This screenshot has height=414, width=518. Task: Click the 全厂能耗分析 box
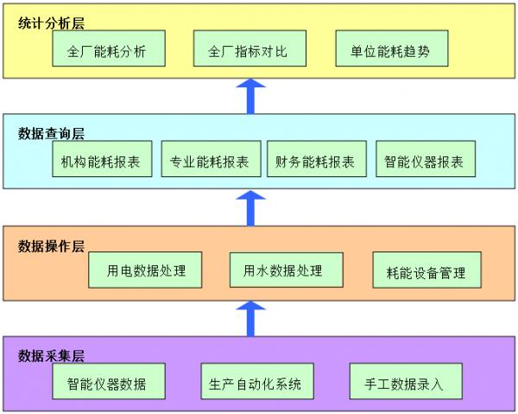106,51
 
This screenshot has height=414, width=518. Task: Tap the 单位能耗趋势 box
394,51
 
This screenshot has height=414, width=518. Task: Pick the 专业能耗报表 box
209,161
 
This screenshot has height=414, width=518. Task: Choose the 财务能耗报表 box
314,161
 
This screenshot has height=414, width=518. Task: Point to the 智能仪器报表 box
425,161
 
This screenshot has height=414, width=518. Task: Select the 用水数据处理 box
286,271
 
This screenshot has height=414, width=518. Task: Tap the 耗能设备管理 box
426,272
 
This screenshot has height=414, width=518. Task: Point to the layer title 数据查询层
52,134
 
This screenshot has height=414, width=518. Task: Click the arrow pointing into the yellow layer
251,96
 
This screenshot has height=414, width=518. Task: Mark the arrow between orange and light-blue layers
251,208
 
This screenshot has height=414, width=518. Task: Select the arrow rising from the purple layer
251,317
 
